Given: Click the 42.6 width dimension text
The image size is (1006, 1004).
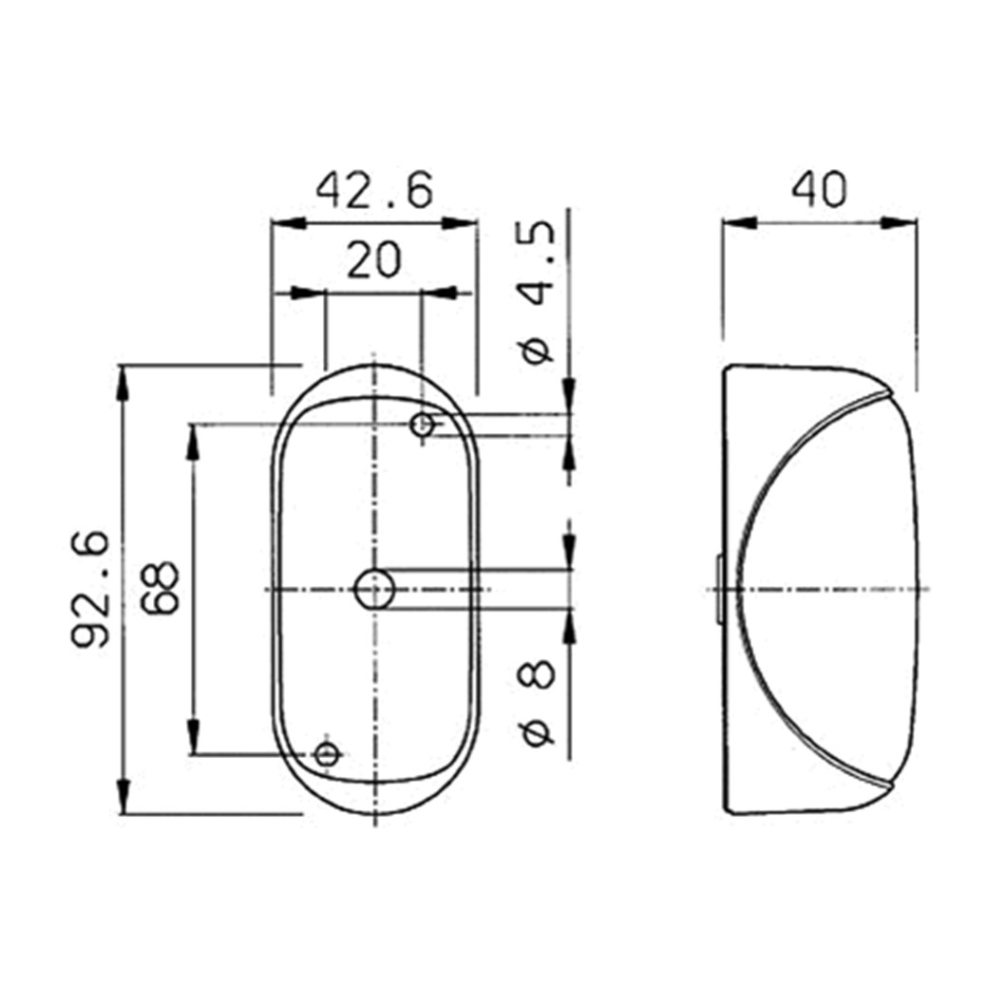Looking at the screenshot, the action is click(x=374, y=190).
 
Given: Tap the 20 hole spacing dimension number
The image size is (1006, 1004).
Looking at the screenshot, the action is click(x=374, y=260).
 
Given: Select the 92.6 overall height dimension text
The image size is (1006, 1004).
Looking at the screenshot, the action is click(x=90, y=588).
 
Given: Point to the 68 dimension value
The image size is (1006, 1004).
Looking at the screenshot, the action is click(x=161, y=588).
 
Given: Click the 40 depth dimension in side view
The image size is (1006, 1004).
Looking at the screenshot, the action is click(x=819, y=190).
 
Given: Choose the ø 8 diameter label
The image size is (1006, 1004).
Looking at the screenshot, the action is click(x=538, y=703).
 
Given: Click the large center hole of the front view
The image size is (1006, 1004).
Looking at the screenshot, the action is click(x=374, y=588).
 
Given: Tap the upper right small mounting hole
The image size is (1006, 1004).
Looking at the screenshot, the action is click(x=422, y=424).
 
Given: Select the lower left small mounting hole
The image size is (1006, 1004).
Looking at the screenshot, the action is click(x=327, y=753).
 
